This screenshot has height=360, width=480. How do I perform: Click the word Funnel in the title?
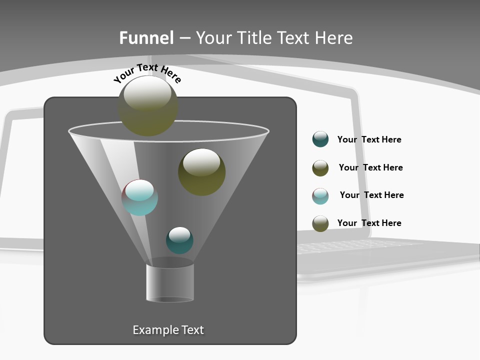coord(146,38)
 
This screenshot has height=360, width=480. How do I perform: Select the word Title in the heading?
coord(252,38)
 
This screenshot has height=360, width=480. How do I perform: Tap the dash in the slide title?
coord(184,38)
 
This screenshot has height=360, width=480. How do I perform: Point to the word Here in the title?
coord(333,38)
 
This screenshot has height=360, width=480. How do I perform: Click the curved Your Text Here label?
coord(147,72)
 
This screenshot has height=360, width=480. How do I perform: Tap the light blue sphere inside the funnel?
coord(140,198)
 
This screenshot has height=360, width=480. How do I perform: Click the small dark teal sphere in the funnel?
coord(179,240)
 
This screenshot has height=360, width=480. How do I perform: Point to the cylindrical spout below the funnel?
coord(170,282)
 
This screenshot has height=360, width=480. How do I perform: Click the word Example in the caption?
coord(155,330)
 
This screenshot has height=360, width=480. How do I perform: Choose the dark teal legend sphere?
coord(320,139)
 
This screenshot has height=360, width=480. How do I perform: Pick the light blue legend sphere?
coord(320,196)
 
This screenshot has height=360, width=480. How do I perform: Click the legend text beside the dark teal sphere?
coord(369,139)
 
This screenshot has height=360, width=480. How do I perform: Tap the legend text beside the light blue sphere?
coord(371,195)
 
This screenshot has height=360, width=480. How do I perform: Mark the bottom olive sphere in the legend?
coord(320,223)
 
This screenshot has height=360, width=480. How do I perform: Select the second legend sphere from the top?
coord(320,168)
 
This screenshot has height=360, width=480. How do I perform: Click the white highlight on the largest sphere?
coord(147,94)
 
